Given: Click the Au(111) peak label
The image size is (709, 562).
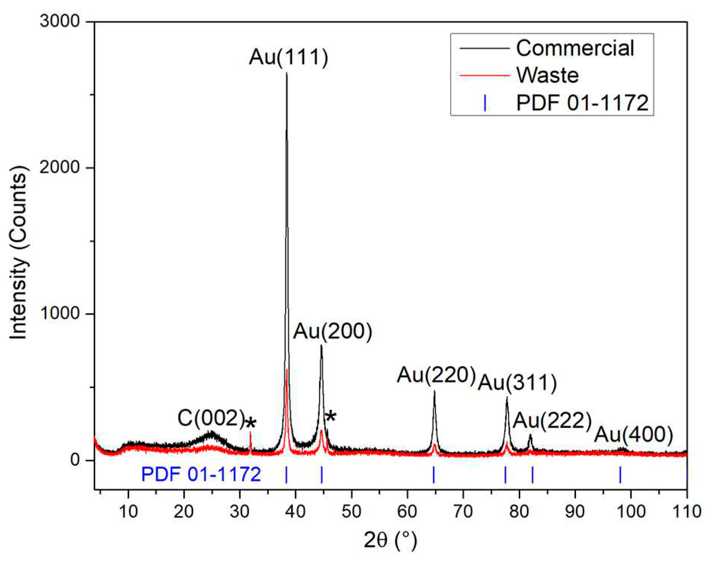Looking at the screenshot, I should (x=288, y=57).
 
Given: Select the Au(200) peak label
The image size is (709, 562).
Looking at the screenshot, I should (x=332, y=332).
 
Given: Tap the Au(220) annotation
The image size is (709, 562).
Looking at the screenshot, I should (x=436, y=375).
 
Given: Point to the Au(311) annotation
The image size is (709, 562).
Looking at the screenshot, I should (x=517, y=383).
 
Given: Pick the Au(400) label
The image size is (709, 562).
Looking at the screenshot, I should (x=633, y=435).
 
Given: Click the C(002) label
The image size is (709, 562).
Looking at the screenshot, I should (x=211, y=418).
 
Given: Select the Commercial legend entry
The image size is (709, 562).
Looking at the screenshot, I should (x=575, y=48).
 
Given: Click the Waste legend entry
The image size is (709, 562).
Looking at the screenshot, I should (x=547, y=75).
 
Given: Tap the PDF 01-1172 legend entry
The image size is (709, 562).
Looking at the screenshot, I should (x=582, y=103).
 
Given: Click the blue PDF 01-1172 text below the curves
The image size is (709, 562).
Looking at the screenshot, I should (x=201, y=474).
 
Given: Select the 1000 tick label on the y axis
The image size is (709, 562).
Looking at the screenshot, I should (x=60, y=313).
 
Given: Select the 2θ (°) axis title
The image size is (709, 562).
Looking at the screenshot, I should (x=390, y=540).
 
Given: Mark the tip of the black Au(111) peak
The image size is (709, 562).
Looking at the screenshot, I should (x=286, y=74).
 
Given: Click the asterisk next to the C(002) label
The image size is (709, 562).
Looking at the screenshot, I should (x=251, y=423).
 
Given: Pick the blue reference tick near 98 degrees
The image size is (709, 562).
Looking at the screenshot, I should (x=620, y=474).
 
